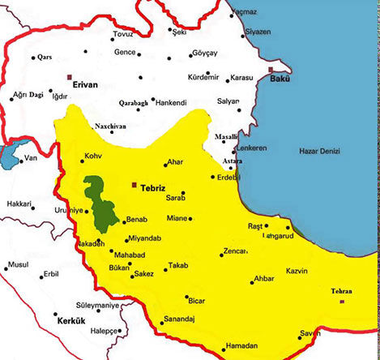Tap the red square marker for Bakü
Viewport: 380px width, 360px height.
pos(271,71)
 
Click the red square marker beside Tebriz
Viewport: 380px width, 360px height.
pos(134,185)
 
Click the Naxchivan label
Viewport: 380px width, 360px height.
pos(110,126)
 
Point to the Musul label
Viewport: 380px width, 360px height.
pos(17,265)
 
